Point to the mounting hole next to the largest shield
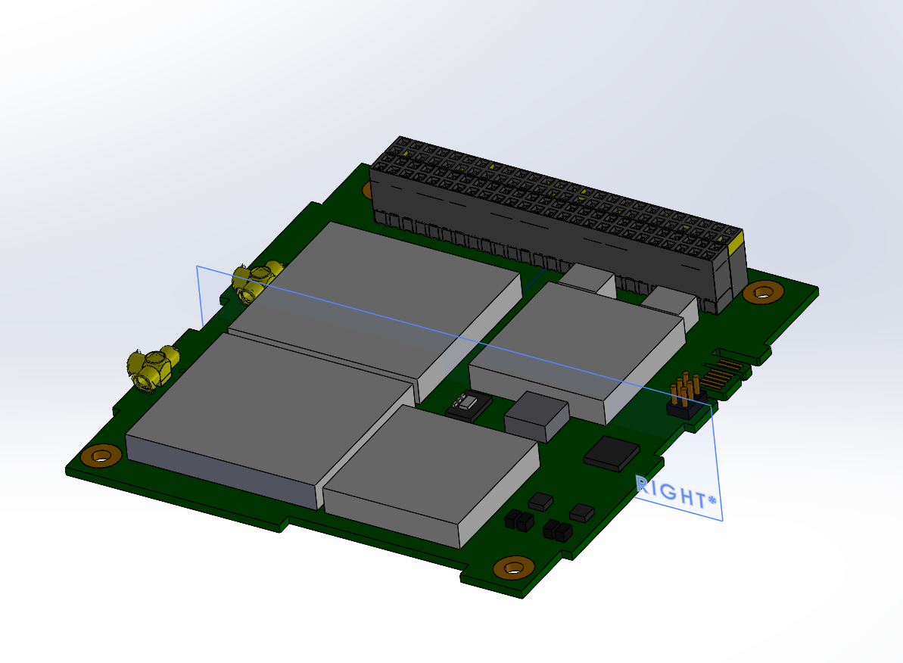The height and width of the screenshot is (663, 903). (101, 456)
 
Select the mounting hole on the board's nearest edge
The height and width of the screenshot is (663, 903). (513, 567)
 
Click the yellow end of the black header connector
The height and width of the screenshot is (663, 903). (735, 244)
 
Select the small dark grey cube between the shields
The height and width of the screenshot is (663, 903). (535, 416)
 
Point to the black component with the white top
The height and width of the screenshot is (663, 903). (464, 406)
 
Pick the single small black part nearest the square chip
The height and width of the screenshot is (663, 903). (582, 512)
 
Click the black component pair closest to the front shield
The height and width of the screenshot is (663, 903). (517, 520)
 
